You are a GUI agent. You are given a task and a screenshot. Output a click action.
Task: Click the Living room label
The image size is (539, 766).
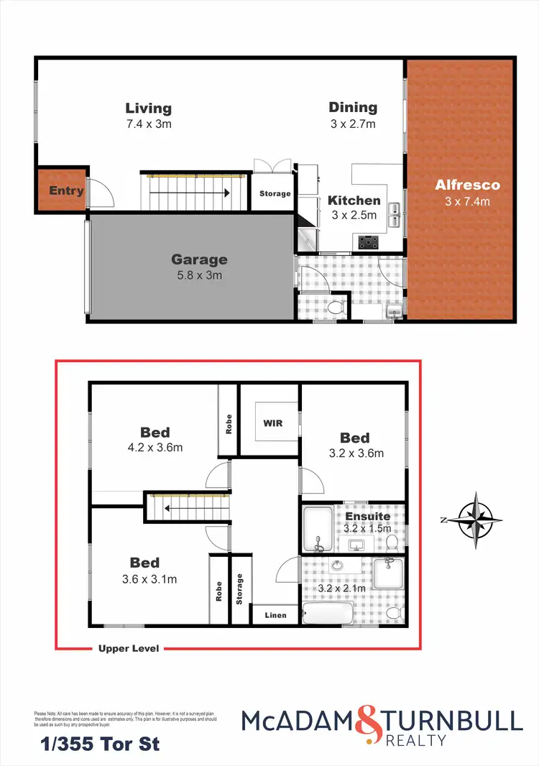(x=148, y=109)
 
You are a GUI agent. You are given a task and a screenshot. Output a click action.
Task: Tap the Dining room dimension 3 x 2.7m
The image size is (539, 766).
(x=353, y=124)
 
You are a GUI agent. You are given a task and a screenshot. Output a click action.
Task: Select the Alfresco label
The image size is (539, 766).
(x=467, y=185)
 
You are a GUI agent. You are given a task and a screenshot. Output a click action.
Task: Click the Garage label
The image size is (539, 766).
(x=199, y=259)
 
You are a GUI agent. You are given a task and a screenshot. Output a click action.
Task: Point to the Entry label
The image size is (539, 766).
(x=66, y=191)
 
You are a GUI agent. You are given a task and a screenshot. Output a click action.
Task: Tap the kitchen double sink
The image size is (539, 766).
(x=394, y=214)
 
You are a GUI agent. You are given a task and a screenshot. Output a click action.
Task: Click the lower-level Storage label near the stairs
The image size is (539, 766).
(x=275, y=193)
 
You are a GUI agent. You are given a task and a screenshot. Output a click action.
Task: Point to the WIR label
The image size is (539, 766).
(x=272, y=423)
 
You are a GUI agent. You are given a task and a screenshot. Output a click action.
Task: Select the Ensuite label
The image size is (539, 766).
(x=367, y=516)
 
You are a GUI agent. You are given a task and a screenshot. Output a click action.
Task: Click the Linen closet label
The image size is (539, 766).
(x=275, y=615)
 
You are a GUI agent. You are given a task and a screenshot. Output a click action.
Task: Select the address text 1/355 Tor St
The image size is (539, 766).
(x=96, y=744)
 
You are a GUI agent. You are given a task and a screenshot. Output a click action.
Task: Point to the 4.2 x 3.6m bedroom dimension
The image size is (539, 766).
(x=155, y=447)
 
